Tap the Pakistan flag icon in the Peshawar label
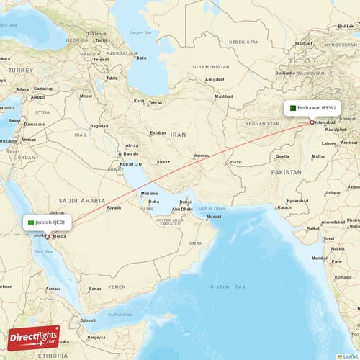(293, 108)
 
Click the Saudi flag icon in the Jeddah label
(31, 222)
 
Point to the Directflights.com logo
(34, 338)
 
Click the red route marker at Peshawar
(312, 122)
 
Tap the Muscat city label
(213, 216)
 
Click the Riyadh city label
(114, 207)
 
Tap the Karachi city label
(285, 207)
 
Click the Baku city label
(141, 58)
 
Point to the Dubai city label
(185, 202)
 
